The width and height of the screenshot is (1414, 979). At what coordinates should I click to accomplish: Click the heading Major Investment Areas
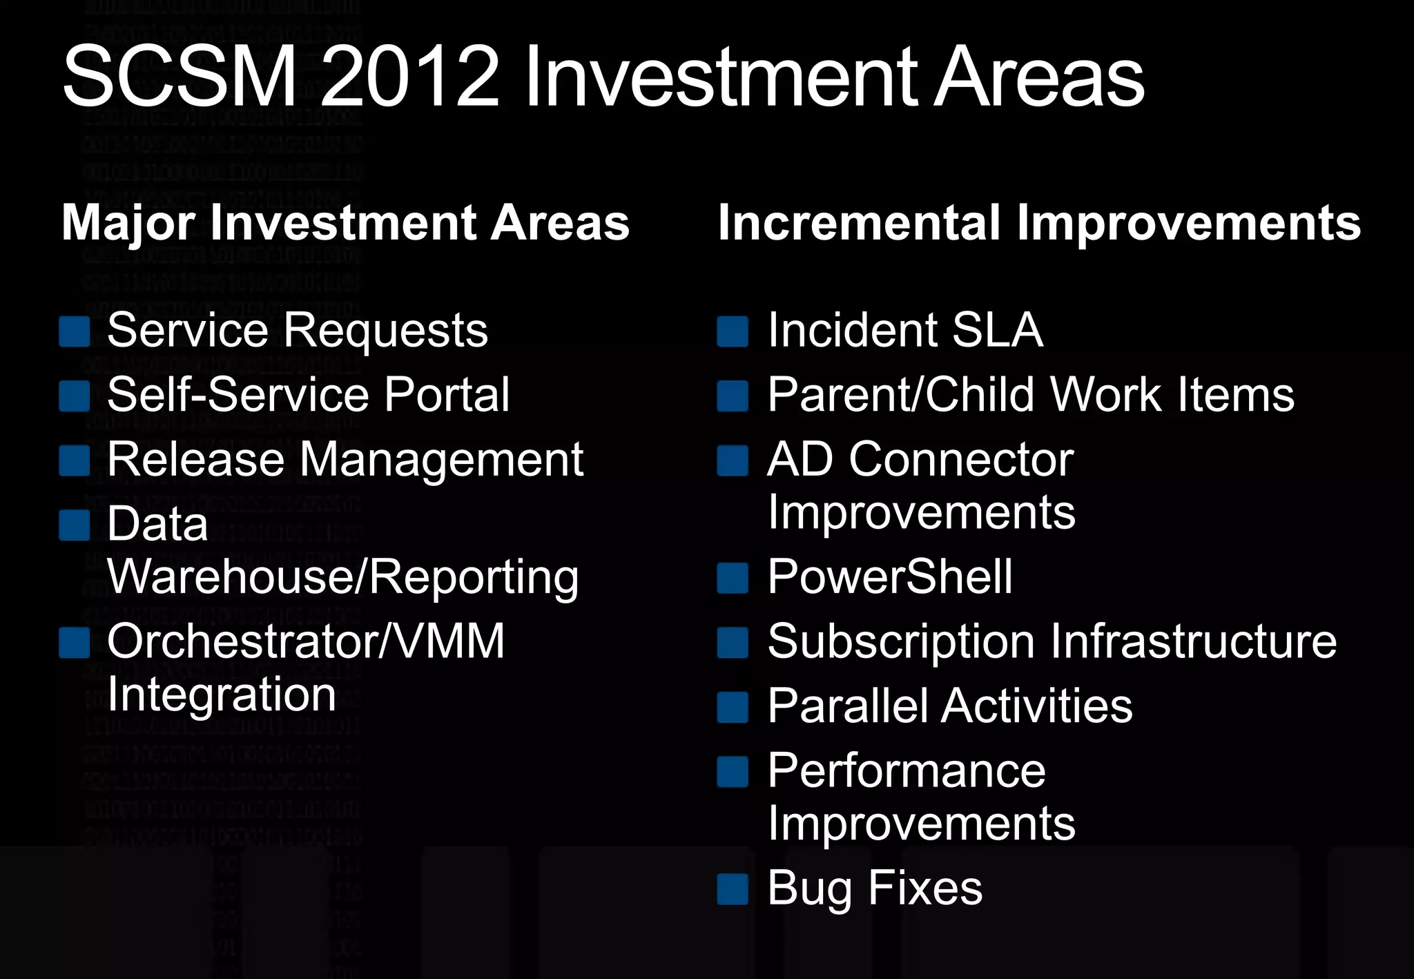tap(345, 223)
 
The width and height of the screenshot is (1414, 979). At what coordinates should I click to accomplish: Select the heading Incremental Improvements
tap(1039, 223)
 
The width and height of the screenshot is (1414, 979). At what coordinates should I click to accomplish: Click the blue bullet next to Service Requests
tap(75, 331)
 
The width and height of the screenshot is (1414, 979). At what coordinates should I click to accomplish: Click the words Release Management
tap(345, 460)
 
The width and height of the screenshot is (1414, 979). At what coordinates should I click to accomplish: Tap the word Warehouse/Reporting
tap(343, 577)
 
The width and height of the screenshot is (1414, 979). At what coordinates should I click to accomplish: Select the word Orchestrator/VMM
tap(306, 641)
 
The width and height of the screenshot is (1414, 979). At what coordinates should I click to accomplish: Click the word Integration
tap(222, 695)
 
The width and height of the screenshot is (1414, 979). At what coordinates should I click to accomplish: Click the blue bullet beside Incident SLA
tap(733, 331)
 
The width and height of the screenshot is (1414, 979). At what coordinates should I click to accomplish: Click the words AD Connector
tap(920, 460)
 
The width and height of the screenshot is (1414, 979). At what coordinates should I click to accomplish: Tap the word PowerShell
tap(890, 577)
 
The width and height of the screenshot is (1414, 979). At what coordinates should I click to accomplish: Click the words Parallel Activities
tap(950, 706)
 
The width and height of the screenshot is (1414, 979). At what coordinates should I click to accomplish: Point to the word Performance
tap(907, 770)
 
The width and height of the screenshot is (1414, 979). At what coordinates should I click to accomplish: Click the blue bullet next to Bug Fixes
tap(733, 889)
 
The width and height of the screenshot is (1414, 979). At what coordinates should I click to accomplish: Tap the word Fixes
tap(925, 888)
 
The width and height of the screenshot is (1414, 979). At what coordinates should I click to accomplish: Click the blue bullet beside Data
tap(75, 525)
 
